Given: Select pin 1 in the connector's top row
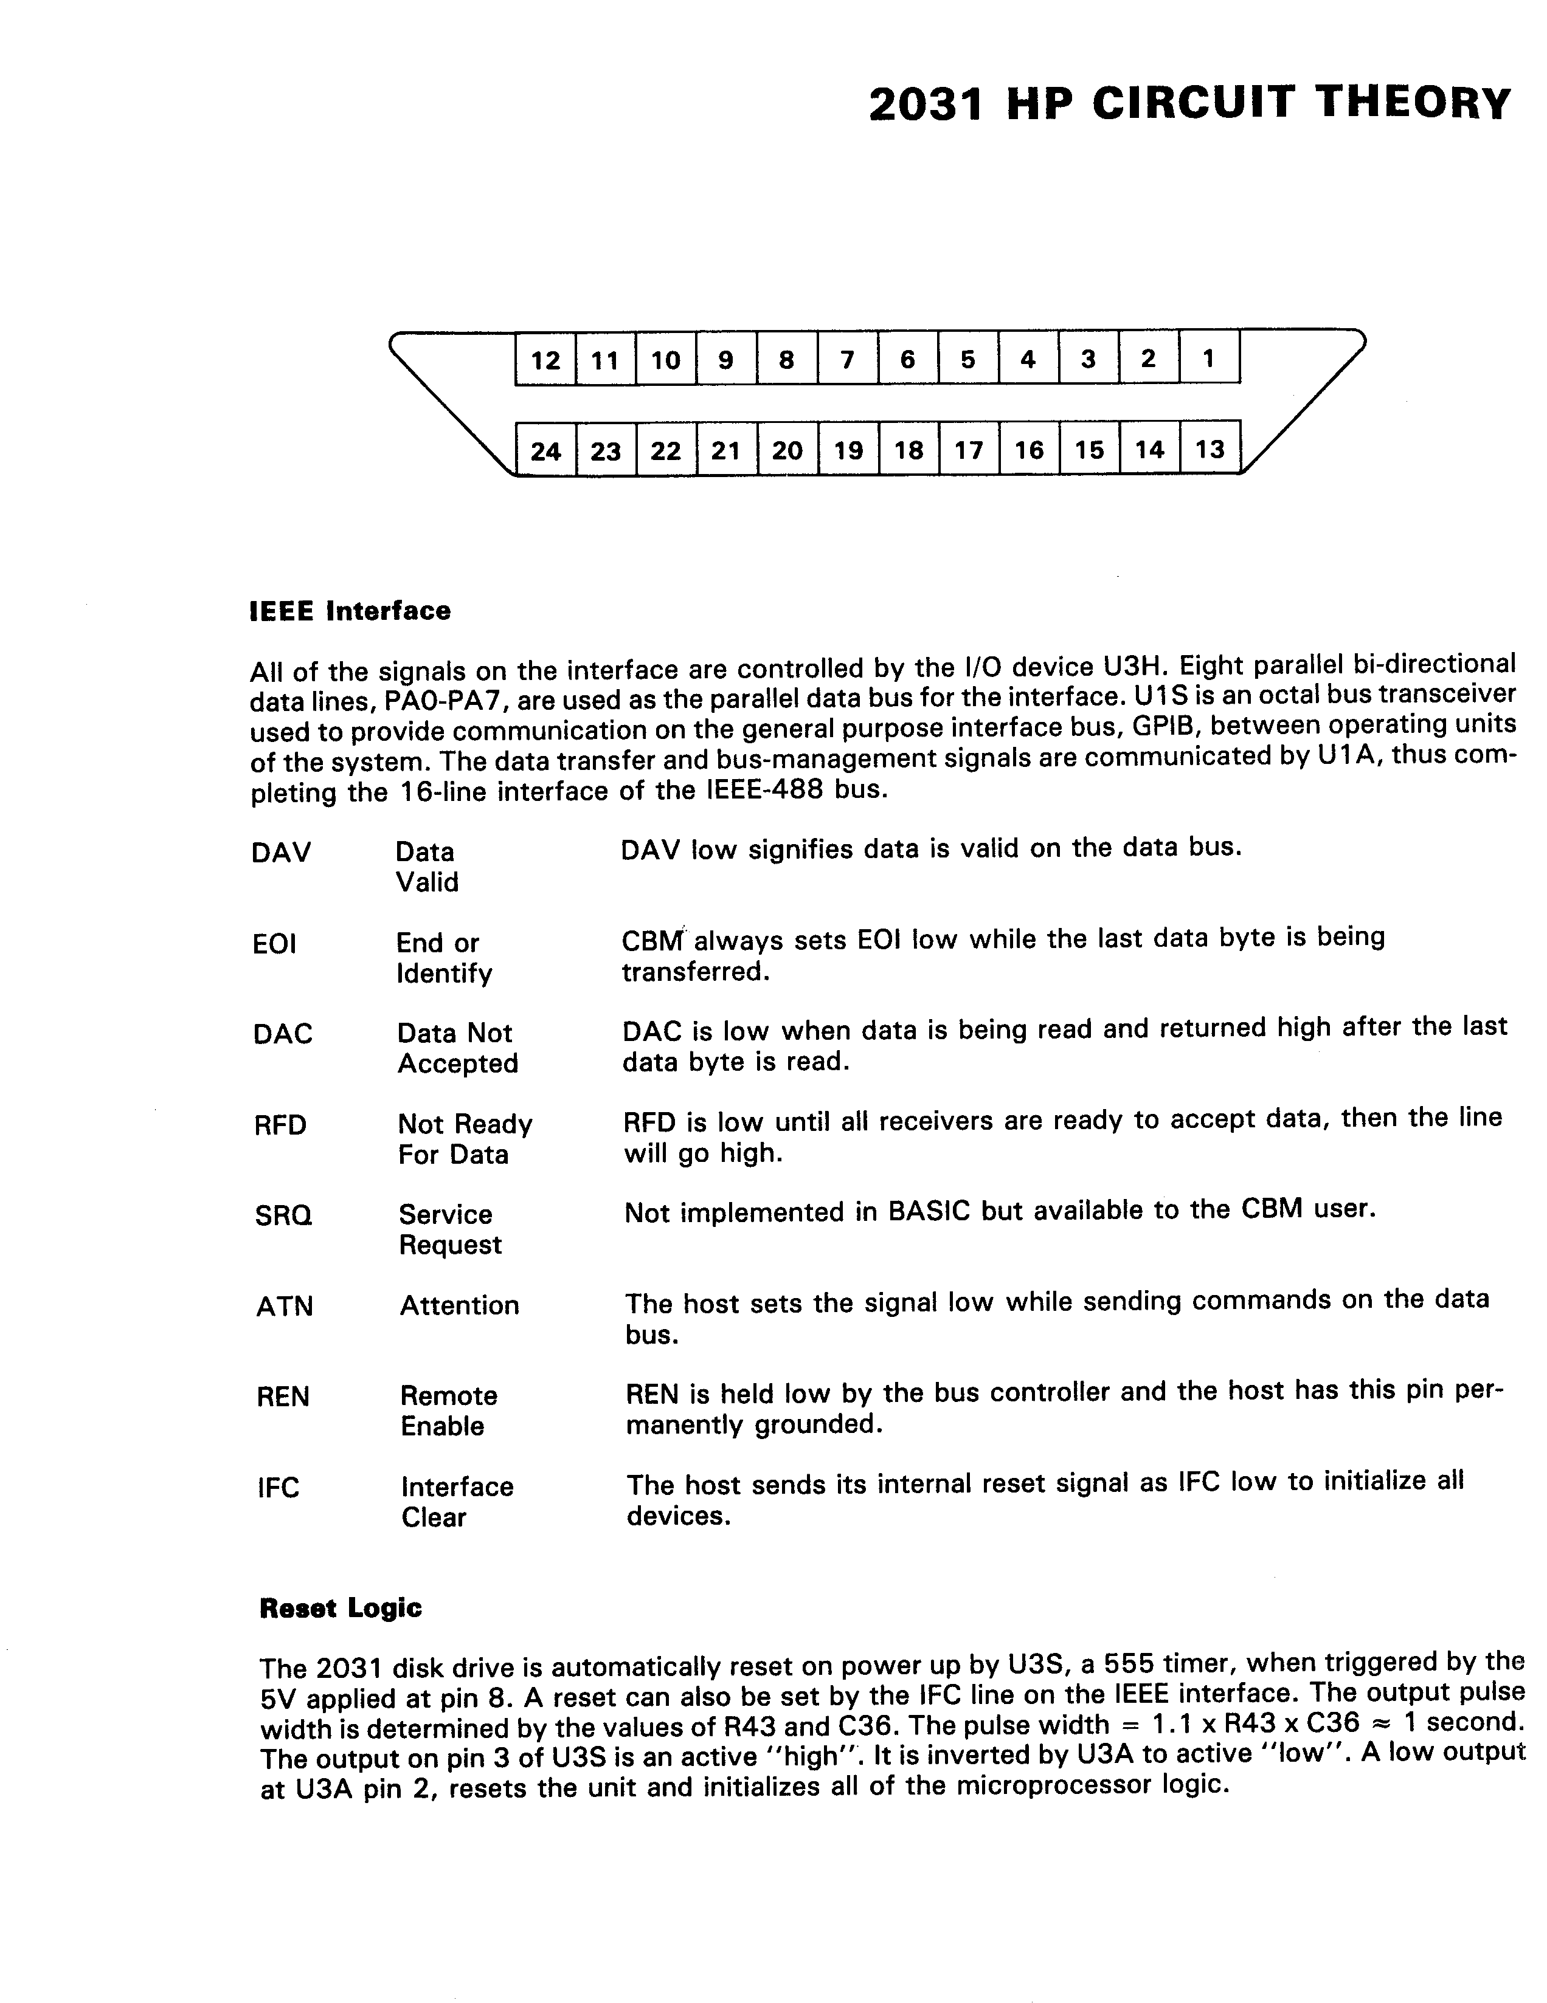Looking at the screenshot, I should [1208, 358].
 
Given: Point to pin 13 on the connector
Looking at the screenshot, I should [1210, 448].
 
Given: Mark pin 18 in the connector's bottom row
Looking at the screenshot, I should [908, 449].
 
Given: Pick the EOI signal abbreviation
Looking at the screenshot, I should [274, 944].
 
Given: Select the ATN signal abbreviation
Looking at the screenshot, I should [285, 1306].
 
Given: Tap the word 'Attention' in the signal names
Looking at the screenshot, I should [459, 1305].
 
